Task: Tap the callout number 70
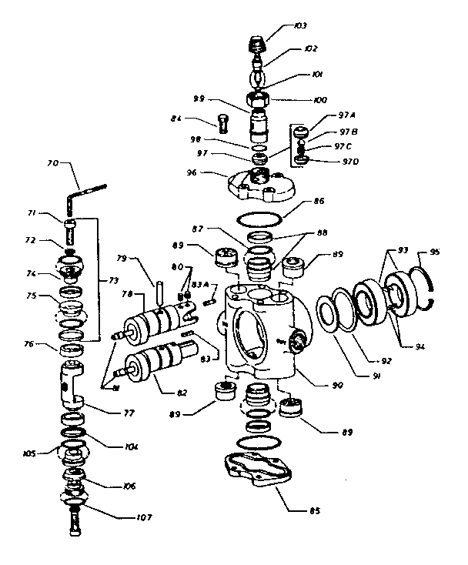coord(53,163)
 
